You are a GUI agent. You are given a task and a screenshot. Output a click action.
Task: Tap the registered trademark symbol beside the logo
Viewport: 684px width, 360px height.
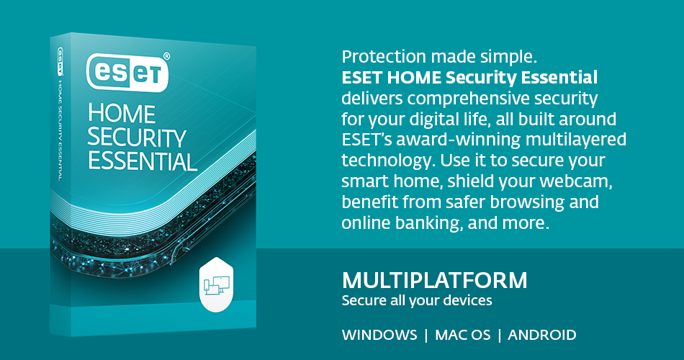(x=166, y=55)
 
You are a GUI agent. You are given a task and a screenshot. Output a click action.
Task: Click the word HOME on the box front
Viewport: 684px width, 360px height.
(x=121, y=114)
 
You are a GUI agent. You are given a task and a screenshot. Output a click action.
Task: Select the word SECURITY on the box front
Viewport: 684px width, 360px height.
(x=137, y=137)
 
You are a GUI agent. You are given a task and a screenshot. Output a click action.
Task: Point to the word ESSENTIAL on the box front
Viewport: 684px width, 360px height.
(x=143, y=161)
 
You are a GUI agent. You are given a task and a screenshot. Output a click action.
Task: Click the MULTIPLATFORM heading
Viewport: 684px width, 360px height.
(x=434, y=280)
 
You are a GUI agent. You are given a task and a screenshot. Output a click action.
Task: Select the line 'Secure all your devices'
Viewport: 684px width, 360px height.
(x=417, y=300)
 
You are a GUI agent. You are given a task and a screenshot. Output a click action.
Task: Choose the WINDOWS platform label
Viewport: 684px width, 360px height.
(x=379, y=335)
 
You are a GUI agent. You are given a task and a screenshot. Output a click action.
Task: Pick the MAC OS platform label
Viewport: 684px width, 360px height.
(x=466, y=335)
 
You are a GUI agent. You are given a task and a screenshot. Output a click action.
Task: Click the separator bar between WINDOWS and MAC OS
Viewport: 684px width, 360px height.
(x=426, y=335)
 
